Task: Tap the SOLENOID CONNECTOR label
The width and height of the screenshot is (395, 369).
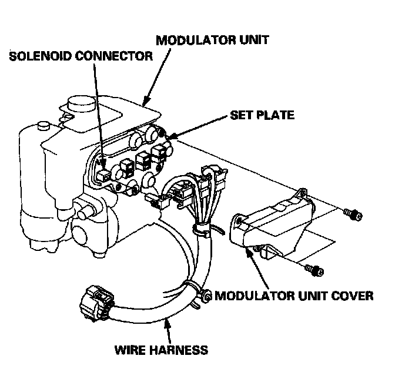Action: tap(81, 57)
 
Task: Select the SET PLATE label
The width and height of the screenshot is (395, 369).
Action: tap(260, 115)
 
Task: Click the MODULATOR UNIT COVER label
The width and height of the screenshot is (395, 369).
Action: tap(293, 295)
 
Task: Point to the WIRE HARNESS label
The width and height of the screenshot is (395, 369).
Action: tap(160, 351)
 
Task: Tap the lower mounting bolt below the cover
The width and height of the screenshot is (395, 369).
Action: tap(316, 270)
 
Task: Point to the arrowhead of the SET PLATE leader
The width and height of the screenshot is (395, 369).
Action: tap(169, 137)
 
